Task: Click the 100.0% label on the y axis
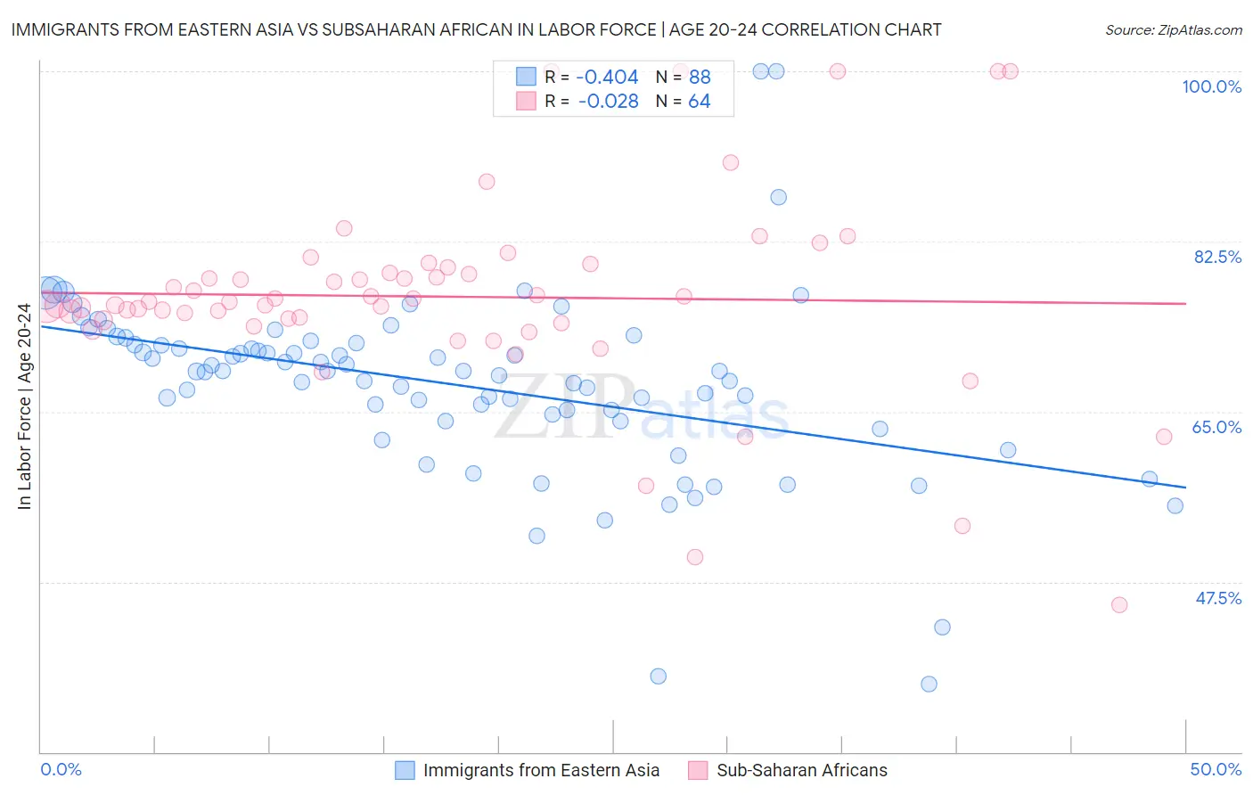1211,86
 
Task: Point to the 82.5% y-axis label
1217,257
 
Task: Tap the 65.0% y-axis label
1216,427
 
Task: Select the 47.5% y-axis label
1218,598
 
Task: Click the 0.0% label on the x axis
61,769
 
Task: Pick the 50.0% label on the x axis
1216,769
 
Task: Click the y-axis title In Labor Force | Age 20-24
24,406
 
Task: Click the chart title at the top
476,29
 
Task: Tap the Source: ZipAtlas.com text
1173,29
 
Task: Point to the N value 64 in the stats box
699,102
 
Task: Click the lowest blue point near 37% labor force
929,684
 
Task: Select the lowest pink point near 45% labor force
1119,605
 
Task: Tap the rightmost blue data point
1175,506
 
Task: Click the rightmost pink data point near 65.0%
1163,437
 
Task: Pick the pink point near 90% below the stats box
731,162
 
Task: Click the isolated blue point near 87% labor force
778,197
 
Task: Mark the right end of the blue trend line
1185,488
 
